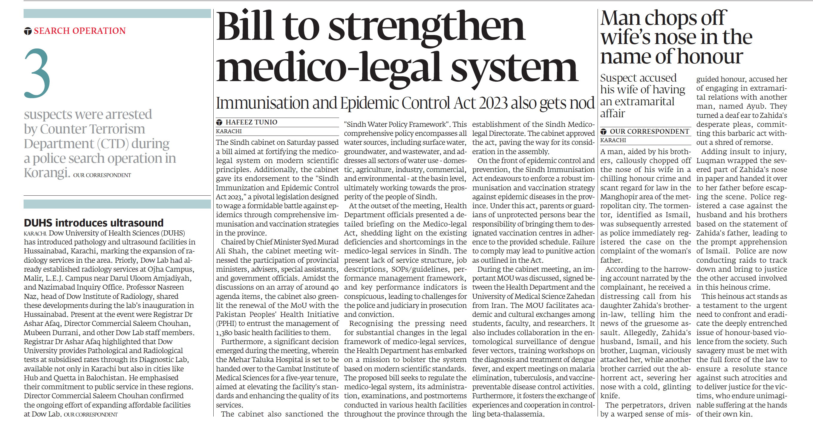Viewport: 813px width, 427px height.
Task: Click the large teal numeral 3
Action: pyautogui.click(x=37, y=73)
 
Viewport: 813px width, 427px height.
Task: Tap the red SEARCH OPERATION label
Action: pyautogui.click(x=79, y=31)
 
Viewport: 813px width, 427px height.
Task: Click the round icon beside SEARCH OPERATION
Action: pyautogui.click(x=28, y=31)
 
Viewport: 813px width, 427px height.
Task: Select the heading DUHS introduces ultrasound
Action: pyautogui.click(x=94, y=223)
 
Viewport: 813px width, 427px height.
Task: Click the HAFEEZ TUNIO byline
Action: pyautogui.click(x=251, y=122)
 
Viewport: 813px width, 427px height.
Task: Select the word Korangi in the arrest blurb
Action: pyautogui.click(x=47, y=173)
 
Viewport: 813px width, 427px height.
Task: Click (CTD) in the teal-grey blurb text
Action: pyautogui.click(x=113, y=144)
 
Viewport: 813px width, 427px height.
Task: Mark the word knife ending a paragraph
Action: pyautogui.click(x=609, y=396)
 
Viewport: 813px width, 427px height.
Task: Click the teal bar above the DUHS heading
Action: pyautogui.click(x=117, y=204)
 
